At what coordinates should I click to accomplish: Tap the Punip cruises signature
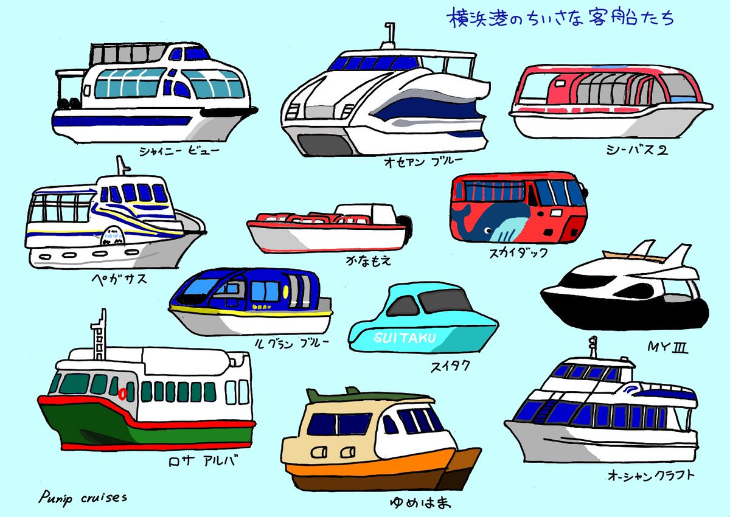(x=83, y=498)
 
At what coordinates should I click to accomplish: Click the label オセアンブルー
(x=423, y=161)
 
